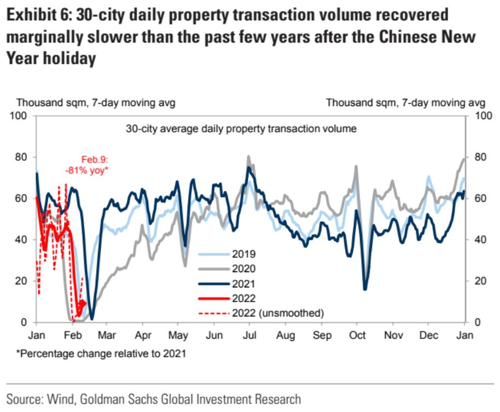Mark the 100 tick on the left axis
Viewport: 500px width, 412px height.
(x=20, y=116)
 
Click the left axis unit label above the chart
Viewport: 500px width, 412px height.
(x=96, y=102)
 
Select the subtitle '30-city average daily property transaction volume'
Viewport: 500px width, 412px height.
(x=241, y=130)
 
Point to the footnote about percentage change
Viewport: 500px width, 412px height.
(x=102, y=354)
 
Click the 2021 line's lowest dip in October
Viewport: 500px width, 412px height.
(x=365, y=289)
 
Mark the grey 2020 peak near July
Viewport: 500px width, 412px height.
(x=248, y=157)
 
